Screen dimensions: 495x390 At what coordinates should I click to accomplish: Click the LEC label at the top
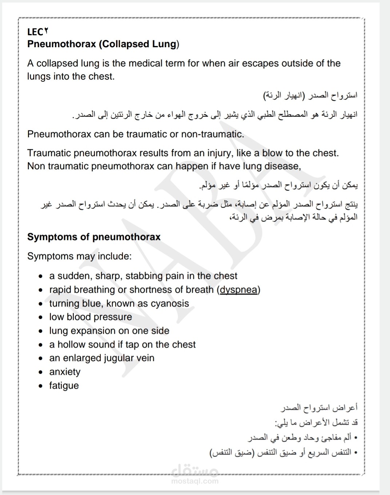point(37,32)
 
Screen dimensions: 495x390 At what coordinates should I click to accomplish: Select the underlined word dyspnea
point(238,290)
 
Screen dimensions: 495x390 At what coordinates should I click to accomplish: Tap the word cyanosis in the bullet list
point(170,304)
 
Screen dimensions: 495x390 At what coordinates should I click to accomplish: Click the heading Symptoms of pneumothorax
point(94,237)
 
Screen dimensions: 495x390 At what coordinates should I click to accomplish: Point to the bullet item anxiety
point(65,372)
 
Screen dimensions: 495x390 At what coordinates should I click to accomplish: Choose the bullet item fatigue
point(64,386)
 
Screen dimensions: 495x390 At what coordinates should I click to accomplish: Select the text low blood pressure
point(91,317)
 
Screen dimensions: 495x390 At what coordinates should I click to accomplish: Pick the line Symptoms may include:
point(79,256)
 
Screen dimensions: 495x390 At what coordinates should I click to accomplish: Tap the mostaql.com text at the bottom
point(195,481)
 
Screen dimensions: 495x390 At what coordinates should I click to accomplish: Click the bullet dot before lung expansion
point(41,331)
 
